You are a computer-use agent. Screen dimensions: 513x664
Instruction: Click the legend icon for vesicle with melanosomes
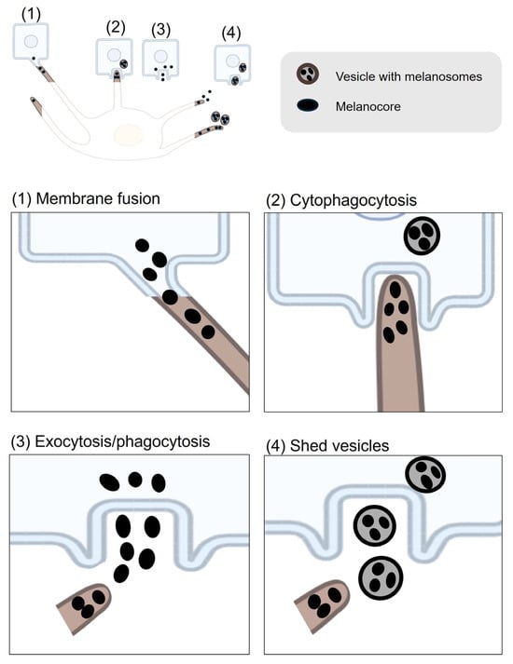308,75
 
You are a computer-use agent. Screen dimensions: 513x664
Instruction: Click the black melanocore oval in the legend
308,105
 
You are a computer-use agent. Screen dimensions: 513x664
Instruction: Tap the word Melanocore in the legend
368,106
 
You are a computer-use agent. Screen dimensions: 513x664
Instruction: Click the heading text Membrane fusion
98,198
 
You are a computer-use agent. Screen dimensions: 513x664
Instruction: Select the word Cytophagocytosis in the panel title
354,200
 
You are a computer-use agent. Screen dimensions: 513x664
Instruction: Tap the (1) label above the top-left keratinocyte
31,14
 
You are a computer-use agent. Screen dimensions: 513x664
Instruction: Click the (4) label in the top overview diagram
231,33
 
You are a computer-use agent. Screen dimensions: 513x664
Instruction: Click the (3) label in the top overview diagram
160,30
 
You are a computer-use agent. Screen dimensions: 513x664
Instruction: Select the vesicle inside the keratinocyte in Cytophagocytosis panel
422,236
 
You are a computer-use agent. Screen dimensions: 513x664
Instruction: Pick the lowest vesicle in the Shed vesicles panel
381,577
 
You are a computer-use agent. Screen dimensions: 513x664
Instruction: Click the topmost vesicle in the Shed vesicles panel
425,475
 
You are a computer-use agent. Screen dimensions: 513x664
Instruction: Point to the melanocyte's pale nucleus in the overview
129,135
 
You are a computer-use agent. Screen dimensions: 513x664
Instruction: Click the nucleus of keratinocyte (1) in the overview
31,42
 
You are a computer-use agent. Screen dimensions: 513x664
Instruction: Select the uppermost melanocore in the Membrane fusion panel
142,245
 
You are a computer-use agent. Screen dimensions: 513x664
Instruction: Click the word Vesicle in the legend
354,76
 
